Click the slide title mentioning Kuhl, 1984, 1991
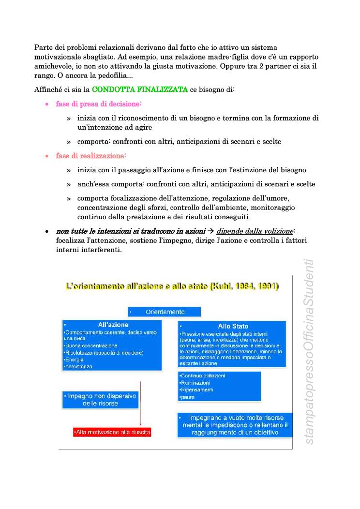(x=172, y=286)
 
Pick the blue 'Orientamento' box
(x=165, y=312)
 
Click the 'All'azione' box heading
(x=113, y=325)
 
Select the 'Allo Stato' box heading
(x=233, y=326)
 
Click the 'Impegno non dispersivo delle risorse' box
(x=100, y=399)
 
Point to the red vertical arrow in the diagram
(x=140, y=402)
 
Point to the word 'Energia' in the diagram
(x=74, y=359)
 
